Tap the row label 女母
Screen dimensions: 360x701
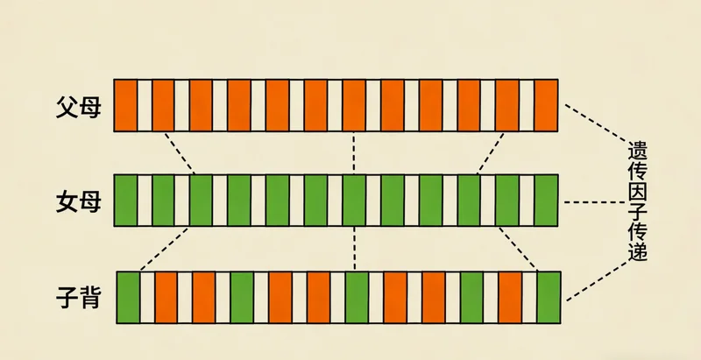[x=79, y=202]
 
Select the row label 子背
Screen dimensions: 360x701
[x=79, y=299]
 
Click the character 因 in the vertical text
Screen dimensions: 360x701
[x=637, y=190]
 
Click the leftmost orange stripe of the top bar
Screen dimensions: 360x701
[x=126, y=105]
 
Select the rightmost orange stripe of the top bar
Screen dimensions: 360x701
[x=547, y=105]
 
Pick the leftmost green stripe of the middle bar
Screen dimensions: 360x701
[x=126, y=201]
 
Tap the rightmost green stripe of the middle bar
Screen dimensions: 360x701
[x=547, y=201]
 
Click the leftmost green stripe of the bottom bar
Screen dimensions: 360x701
[x=129, y=297]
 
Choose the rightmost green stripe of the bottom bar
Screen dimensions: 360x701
[x=549, y=297]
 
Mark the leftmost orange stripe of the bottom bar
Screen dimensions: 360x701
[x=166, y=297]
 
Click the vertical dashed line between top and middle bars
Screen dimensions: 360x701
[x=353, y=152]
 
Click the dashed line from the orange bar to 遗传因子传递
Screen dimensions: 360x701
[x=592, y=121]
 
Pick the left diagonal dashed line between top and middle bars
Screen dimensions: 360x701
[x=179, y=152]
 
